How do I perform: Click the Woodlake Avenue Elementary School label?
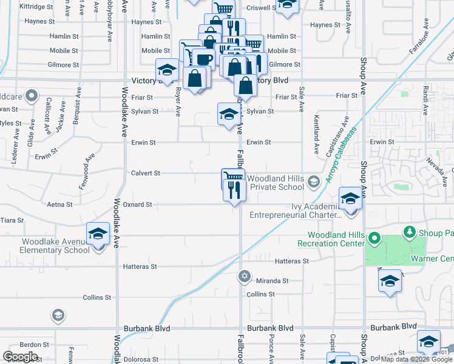55,246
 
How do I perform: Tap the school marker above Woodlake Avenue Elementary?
98,234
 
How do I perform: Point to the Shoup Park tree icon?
410,232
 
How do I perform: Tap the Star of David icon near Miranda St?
245,276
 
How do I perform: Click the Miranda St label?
272,281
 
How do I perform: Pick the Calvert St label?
145,173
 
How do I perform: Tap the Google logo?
20,357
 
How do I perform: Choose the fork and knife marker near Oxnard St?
234,190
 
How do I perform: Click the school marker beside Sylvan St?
228,114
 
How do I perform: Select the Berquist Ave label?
78,104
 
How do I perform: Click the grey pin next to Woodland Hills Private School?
313,181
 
